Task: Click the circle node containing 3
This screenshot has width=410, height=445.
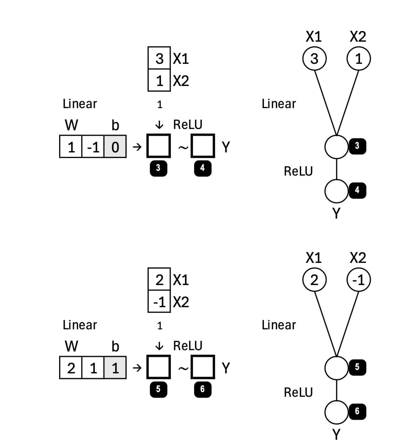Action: click(x=314, y=59)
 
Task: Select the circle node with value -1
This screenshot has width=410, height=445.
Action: click(x=359, y=280)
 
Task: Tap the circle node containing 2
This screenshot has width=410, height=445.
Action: click(x=314, y=280)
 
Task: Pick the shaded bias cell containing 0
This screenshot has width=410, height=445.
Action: click(x=115, y=147)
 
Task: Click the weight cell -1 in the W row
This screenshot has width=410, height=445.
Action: click(x=93, y=147)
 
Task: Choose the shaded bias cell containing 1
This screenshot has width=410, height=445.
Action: click(x=115, y=368)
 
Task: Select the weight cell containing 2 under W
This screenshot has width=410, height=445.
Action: click(x=71, y=368)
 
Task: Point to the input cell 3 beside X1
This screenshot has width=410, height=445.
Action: click(x=159, y=58)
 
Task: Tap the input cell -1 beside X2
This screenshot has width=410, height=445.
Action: click(x=159, y=301)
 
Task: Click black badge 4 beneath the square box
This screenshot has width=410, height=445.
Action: click(x=202, y=168)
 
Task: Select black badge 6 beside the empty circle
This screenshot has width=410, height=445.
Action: click(x=357, y=411)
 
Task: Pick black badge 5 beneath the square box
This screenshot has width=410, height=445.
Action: click(x=158, y=389)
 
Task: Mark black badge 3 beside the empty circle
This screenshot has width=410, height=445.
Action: click(x=357, y=146)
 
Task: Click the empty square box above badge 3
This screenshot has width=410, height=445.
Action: click(x=159, y=146)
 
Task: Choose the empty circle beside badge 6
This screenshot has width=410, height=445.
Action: click(x=336, y=412)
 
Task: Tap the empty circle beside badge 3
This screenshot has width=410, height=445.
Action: click(x=336, y=147)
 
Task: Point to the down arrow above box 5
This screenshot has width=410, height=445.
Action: click(x=159, y=346)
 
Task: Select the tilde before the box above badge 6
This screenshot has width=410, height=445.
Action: click(x=183, y=369)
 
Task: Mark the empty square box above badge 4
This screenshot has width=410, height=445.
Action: click(x=203, y=146)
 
